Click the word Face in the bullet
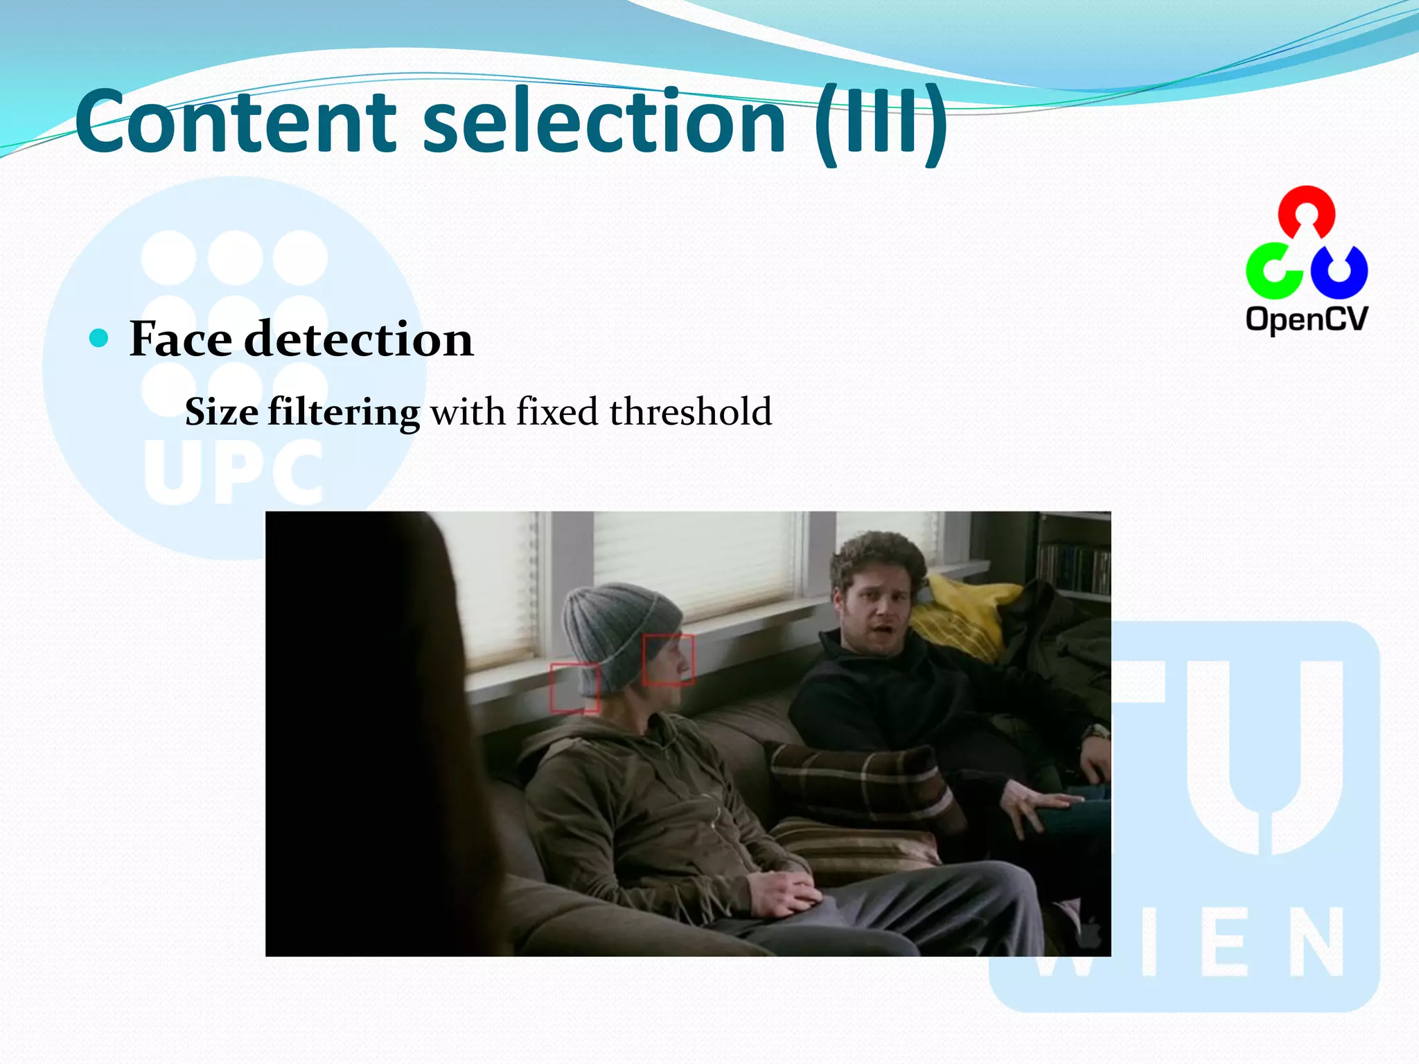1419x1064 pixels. tap(181, 339)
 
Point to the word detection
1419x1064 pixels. tap(359, 339)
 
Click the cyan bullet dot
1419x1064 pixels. tap(100, 338)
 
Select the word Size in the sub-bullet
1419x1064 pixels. tap(222, 412)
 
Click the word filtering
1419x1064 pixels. tap(344, 413)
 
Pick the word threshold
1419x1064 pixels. tap(690, 411)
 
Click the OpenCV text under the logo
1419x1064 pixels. tap(1307, 319)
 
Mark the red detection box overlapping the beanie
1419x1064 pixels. tap(668, 659)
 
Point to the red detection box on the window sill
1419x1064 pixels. tap(574, 687)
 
